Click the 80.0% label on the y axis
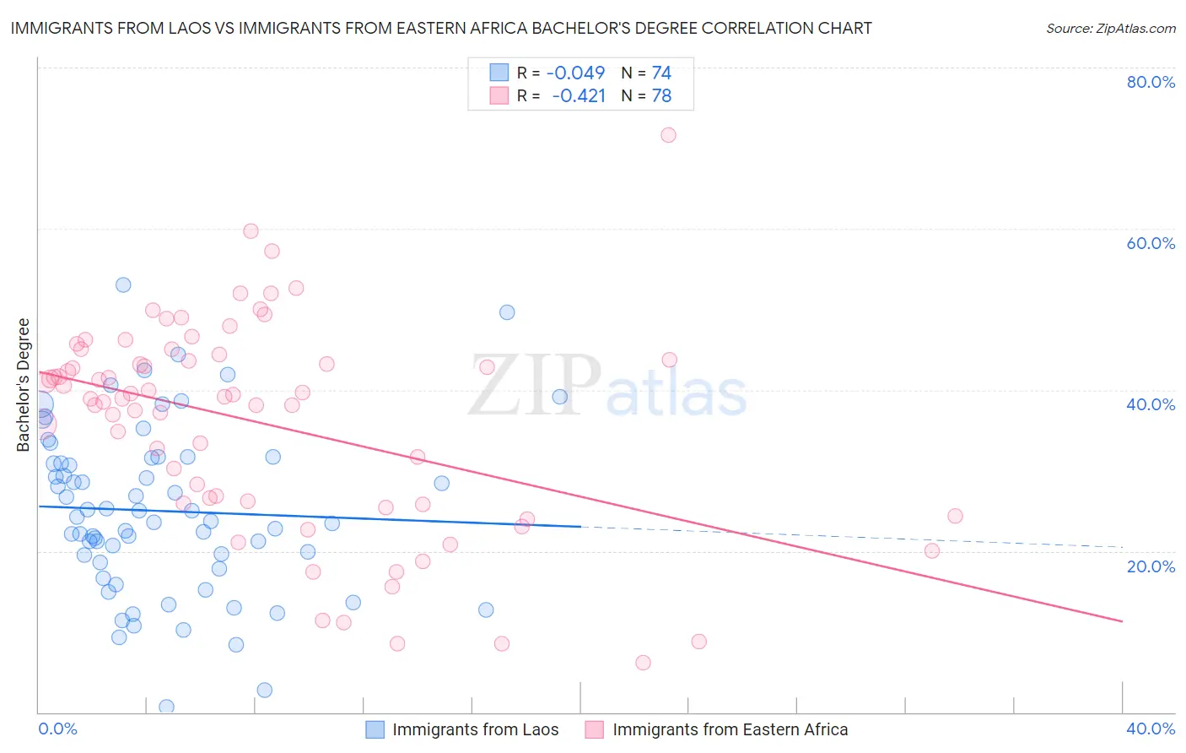click(x=1151, y=82)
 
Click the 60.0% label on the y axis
click(x=1151, y=243)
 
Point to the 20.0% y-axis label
click(x=1151, y=566)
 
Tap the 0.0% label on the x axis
click(x=57, y=729)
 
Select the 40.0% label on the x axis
click(x=1151, y=729)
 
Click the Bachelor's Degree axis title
click(x=24, y=385)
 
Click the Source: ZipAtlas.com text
click(x=1110, y=29)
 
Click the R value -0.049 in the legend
click(x=576, y=73)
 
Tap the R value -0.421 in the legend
click(x=579, y=96)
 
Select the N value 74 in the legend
click(x=661, y=73)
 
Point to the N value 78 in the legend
click(x=661, y=96)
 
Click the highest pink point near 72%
click(x=668, y=135)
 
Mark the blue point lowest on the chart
click(x=167, y=707)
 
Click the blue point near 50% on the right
click(x=507, y=312)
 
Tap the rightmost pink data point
click(x=955, y=516)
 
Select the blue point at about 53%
click(x=123, y=285)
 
